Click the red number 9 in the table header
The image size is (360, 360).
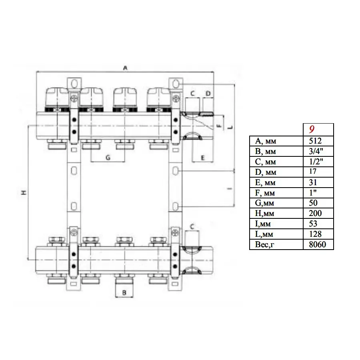tap(312, 129)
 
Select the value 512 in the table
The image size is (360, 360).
tap(315, 141)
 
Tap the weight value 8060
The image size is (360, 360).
tap(318, 244)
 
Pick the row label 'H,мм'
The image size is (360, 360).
tap(264, 214)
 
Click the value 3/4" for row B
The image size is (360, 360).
tap(316, 151)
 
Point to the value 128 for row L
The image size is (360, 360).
tap(315, 234)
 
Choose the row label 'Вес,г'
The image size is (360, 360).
tap(264, 244)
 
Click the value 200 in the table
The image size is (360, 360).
tap(315, 213)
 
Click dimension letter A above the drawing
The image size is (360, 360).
tap(125, 68)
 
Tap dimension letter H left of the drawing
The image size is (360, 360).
tap(24, 192)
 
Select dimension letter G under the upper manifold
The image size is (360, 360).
tap(108, 158)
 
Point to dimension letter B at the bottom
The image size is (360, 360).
tap(124, 293)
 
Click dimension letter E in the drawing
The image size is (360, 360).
tap(202, 158)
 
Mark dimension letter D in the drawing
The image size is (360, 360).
tap(208, 94)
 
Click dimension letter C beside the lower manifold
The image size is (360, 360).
tap(192, 227)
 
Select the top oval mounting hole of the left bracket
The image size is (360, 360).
tap(74, 84)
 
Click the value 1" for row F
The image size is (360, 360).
tap(313, 192)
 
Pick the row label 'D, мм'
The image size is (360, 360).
tap(266, 172)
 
